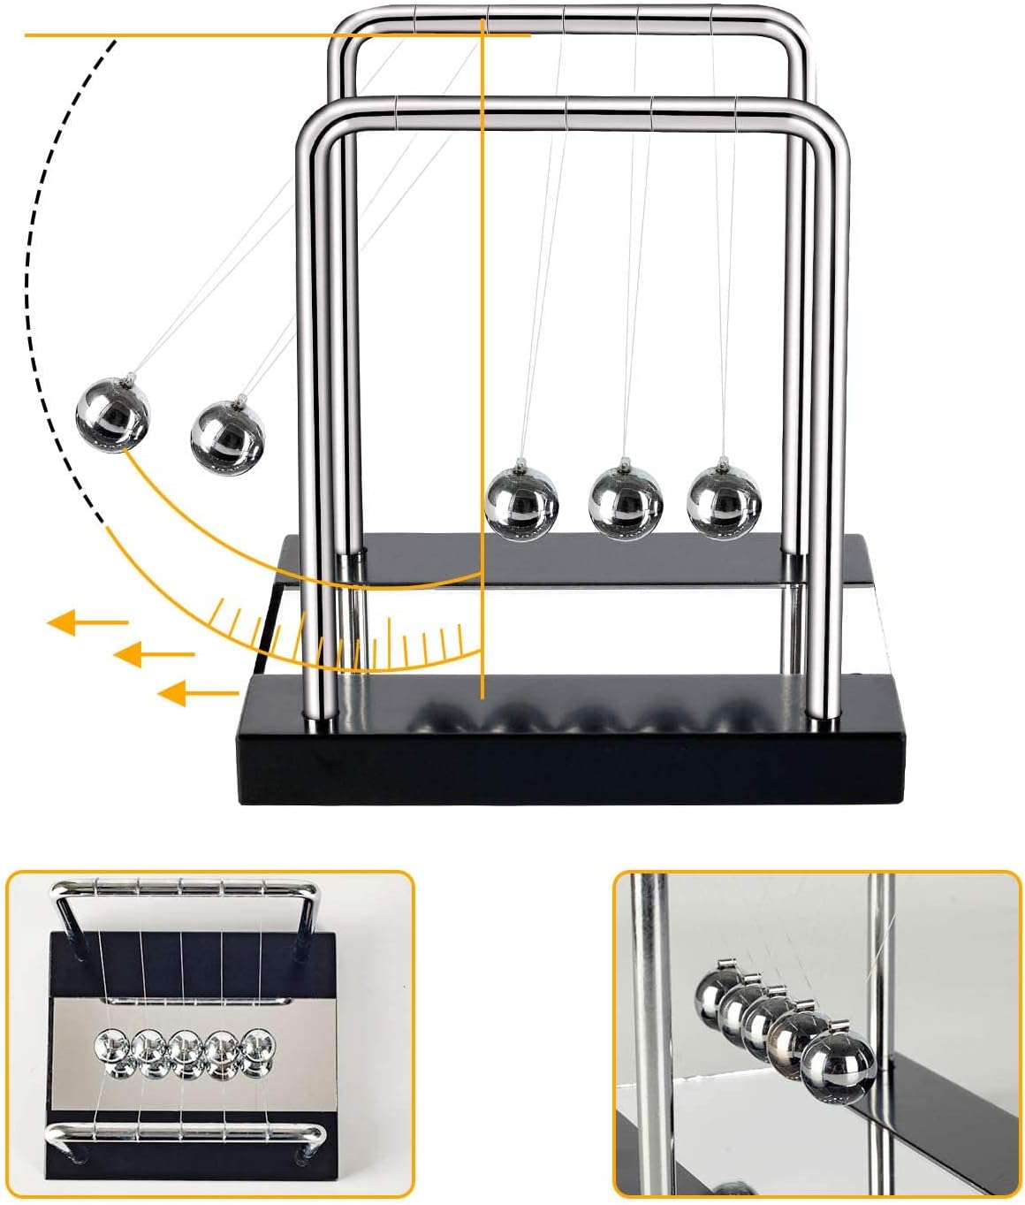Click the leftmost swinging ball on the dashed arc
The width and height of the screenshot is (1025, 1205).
(x=112, y=415)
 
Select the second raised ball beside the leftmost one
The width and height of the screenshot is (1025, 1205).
(x=227, y=433)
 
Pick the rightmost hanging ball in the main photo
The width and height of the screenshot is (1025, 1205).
(x=724, y=501)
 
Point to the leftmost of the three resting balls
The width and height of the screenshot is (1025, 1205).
(x=522, y=501)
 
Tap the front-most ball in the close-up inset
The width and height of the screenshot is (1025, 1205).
(x=838, y=1070)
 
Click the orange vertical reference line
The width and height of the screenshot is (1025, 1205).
(x=482, y=354)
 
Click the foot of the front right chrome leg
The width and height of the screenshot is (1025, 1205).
(x=824, y=721)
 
